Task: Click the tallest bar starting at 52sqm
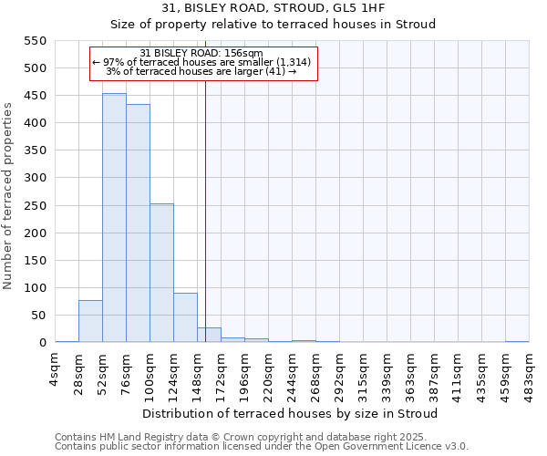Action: [x=114, y=218]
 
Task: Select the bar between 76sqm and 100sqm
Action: [x=138, y=223]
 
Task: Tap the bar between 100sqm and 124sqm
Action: [x=161, y=273]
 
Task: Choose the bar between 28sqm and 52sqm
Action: [x=90, y=321]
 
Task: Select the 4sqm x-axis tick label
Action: [x=56, y=368]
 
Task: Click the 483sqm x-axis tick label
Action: [x=530, y=371]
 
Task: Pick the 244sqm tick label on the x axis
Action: [x=293, y=371]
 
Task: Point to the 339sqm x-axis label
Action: [x=387, y=371]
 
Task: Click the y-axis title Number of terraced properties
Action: [x=9, y=196]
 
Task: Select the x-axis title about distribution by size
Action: [x=291, y=413]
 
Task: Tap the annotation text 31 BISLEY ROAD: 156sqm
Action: [x=202, y=53]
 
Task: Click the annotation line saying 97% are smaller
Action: [x=202, y=62]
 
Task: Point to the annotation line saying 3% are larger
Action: [x=202, y=71]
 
